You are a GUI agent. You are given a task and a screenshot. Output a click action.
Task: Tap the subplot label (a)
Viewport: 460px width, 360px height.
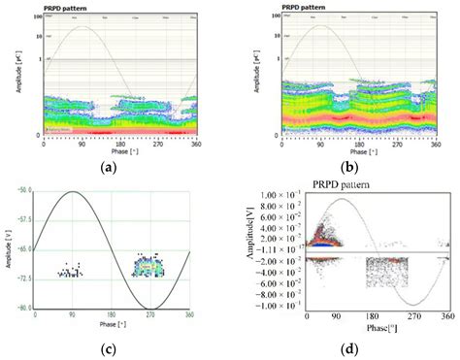pos(115,167)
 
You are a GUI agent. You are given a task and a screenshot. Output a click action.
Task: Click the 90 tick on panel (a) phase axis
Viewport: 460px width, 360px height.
pos(82,143)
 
